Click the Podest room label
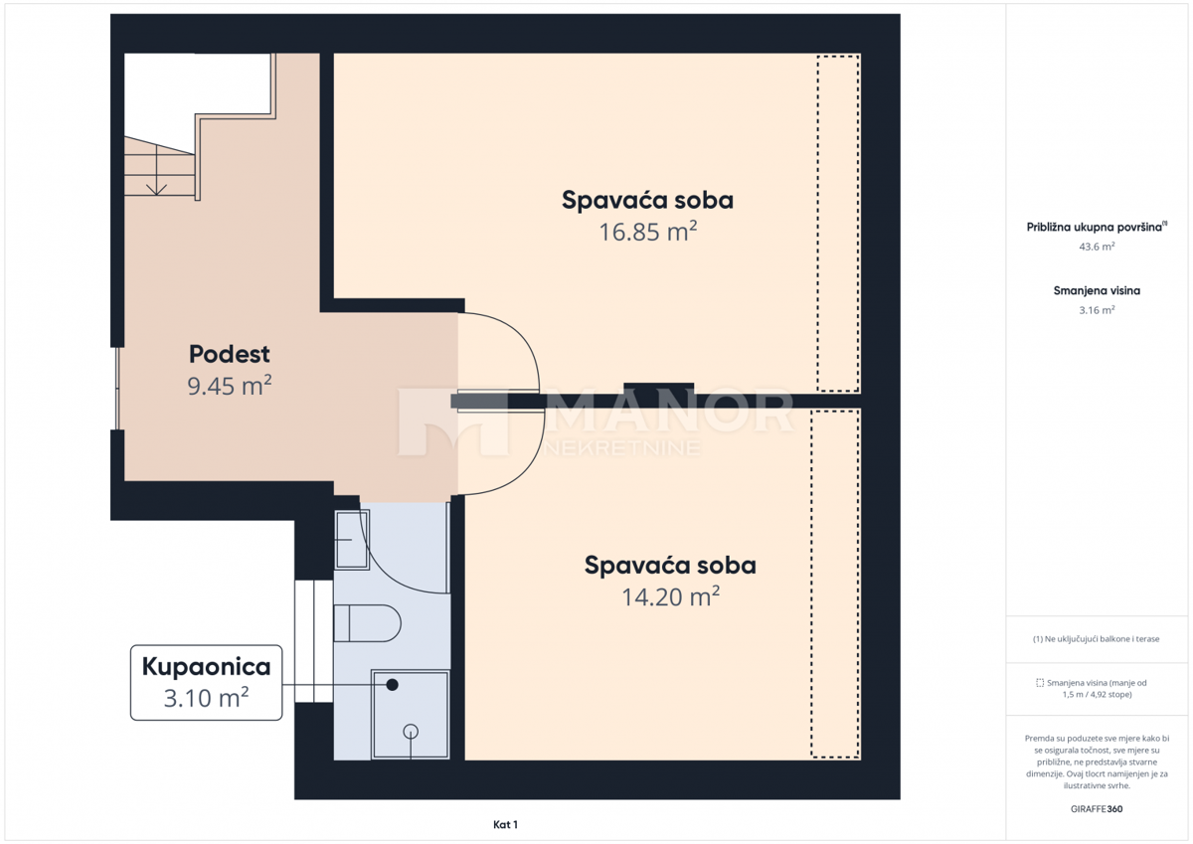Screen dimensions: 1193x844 (230, 354)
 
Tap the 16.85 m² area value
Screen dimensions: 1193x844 (647, 232)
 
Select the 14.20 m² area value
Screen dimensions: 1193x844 (670, 596)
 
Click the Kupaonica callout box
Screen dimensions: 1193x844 (206, 682)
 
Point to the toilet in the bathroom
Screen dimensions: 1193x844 (368, 623)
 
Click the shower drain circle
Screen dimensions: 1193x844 (411, 732)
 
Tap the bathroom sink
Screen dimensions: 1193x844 (352, 540)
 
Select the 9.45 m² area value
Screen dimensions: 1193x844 (230, 385)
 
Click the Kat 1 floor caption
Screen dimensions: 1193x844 (505, 825)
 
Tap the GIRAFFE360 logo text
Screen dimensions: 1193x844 (1097, 809)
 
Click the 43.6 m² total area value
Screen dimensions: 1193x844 (1098, 247)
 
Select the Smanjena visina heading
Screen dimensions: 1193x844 (1097, 290)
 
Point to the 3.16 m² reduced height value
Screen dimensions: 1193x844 (1098, 310)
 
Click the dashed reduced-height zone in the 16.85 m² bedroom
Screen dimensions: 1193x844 (838, 223)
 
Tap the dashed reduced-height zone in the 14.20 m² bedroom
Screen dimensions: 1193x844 (835, 584)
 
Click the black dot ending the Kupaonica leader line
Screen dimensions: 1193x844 (392, 685)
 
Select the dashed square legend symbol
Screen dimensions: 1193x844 (1040, 683)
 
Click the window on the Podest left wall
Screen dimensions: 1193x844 (117, 388)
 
